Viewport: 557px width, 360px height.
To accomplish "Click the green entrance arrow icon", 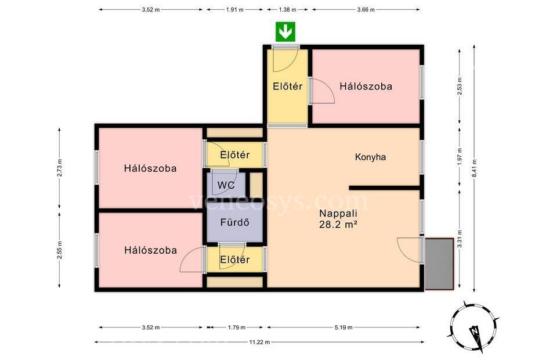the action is (x=285, y=32).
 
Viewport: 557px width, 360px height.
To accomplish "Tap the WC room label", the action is (x=226, y=185).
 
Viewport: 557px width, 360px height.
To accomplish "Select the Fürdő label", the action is (x=235, y=222).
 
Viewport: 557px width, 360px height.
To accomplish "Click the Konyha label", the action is (x=371, y=157).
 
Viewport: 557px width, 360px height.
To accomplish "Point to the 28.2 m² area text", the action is (x=338, y=225).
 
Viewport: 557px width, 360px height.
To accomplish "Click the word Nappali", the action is (x=338, y=214).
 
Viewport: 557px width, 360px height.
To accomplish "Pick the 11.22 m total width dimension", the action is (x=259, y=342).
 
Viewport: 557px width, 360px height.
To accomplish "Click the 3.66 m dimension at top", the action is (x=366, y=10).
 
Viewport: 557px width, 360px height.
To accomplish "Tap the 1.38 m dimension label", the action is (x=287, y=10).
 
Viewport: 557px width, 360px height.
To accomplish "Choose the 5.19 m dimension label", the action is (x=343, y=327).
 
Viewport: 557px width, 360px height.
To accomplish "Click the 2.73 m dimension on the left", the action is (x=60, y=168).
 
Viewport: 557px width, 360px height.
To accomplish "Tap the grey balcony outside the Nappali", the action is (x=439, y=264).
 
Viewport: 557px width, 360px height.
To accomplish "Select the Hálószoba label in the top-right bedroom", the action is (x=366, y=87).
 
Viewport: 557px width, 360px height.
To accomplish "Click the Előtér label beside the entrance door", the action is (x=288, y=87).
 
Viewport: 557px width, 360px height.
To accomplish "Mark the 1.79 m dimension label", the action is (x=237, y=327).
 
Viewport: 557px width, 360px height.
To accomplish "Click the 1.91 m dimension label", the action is (x=235, y=10).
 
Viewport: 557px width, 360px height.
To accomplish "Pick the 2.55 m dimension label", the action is (x=60, y=250).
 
